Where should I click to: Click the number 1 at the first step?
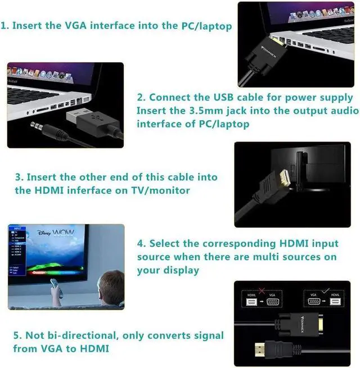[x=4, y=26]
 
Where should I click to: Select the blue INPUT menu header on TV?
[x=17, y=229]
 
